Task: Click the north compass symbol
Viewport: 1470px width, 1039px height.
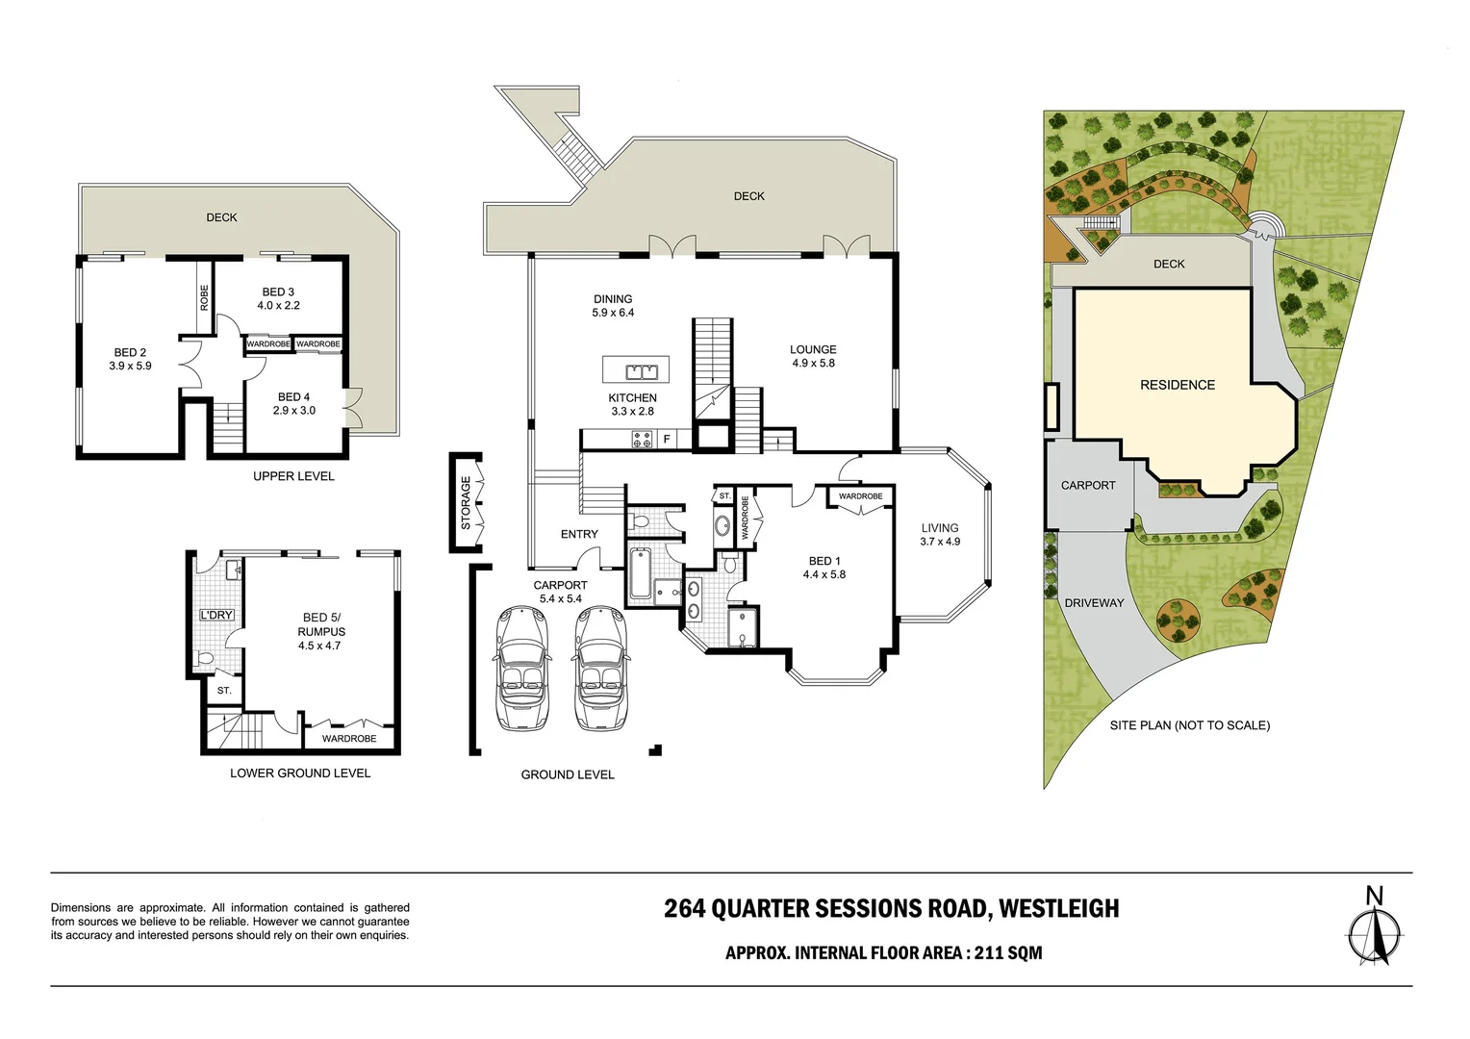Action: (x=1375, y=929)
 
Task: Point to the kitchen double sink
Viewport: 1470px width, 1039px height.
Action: (x=636, y=371)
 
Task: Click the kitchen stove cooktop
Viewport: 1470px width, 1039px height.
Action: (x=642, y=440)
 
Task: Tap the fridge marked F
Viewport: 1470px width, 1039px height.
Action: (x=666, y=440)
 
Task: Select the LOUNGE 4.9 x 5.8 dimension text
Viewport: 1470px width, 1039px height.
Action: (x=813, y=364)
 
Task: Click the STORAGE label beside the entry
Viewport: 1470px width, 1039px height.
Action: (x=467, y=502)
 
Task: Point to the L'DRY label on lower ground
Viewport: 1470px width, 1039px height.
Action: (x=216, y=615)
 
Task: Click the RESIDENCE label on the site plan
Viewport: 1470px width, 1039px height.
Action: (x=1177, y=385)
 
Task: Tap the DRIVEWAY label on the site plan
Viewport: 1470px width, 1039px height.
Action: (x=1094, y=603)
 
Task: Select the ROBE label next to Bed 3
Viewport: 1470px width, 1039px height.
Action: (x=204, y=297)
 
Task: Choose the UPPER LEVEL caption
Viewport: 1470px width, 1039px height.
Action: (x=293, y=476)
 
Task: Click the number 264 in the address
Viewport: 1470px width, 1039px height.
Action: (x=684, y=909)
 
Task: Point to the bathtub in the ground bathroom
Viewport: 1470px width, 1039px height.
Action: (x=639, y=573)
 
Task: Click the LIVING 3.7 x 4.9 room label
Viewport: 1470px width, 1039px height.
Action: (x=939, y=534)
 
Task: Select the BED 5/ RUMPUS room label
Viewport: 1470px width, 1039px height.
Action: (x=320, y=631)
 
